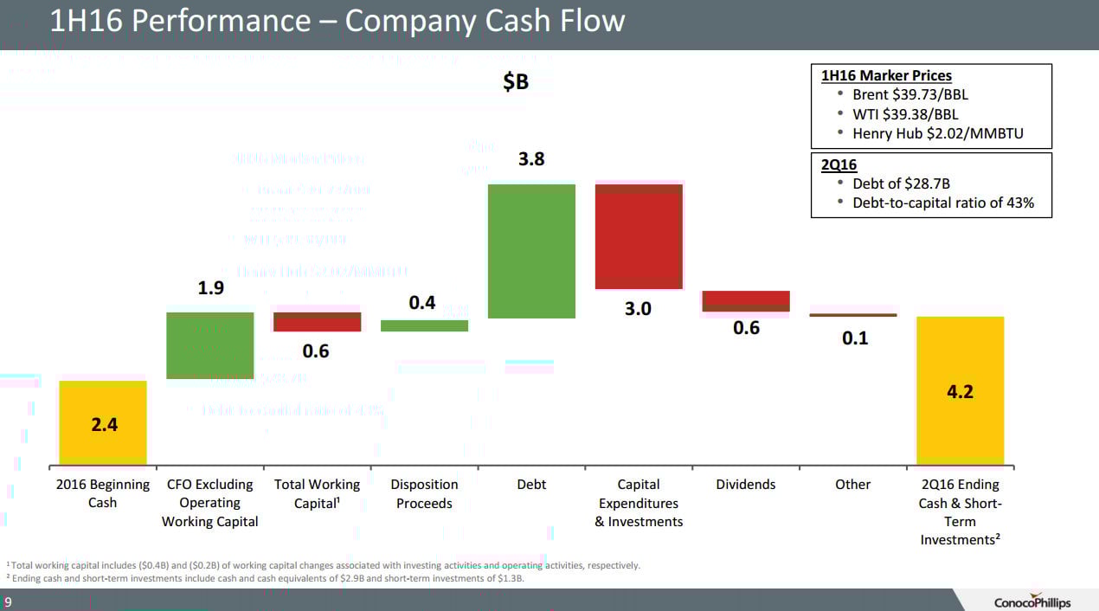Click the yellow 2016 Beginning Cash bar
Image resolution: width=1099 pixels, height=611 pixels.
point(102,422)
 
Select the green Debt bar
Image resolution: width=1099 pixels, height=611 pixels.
point(531,251)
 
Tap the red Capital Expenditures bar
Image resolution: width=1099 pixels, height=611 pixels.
point(639,236)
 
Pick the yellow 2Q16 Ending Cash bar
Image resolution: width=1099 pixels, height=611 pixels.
point(960,390)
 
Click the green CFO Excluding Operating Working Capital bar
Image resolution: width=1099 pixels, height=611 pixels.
point(209,345)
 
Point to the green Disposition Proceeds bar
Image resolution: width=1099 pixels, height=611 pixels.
point(424,325)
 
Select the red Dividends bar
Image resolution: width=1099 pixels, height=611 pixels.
point(746,301)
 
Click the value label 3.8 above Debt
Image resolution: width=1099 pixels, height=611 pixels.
point(531,160)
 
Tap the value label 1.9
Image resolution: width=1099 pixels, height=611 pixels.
point(211,288)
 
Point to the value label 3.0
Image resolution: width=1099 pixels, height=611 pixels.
point(638,309)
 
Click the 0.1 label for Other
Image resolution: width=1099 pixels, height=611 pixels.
point(854,338)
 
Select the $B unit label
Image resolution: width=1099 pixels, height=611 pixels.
point(516,82)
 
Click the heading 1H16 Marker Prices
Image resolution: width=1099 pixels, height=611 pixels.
point(886,75)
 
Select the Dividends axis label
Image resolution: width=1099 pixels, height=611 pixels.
point(746,485)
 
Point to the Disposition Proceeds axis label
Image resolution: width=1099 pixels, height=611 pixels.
point(424,494)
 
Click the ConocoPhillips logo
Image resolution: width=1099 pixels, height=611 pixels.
point(1032,601)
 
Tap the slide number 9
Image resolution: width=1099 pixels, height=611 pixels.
point(8,602)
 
